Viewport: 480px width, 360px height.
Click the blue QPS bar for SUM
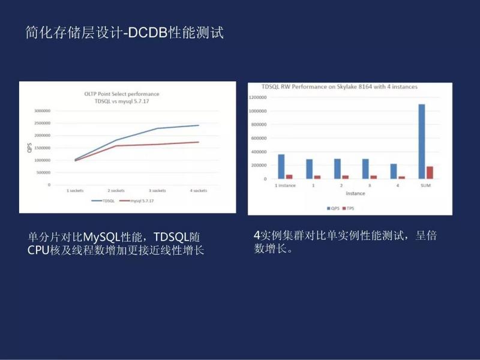coord(421,142)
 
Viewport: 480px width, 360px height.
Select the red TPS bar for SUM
coord(429,173)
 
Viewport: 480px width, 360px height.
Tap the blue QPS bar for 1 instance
coord(281,167)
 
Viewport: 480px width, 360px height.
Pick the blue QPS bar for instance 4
coord(394,172)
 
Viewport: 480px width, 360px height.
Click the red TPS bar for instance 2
coord(345,177)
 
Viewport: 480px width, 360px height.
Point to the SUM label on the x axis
coord(425,185)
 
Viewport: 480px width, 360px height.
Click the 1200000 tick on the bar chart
coord(257,97)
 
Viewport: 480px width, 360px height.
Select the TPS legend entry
coord(349,208)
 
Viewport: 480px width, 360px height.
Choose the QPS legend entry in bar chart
coord(332,208)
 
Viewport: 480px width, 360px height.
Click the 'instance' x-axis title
coord(355,194)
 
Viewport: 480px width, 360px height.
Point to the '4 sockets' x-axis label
coord(197,190)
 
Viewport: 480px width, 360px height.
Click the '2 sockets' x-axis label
coord(116,190)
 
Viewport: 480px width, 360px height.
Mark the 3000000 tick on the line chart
coord(42,111)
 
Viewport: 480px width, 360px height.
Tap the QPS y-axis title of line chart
coord(29,148)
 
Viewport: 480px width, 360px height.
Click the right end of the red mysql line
coord(199,142)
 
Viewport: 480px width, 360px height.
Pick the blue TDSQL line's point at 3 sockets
coord(158,128)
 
